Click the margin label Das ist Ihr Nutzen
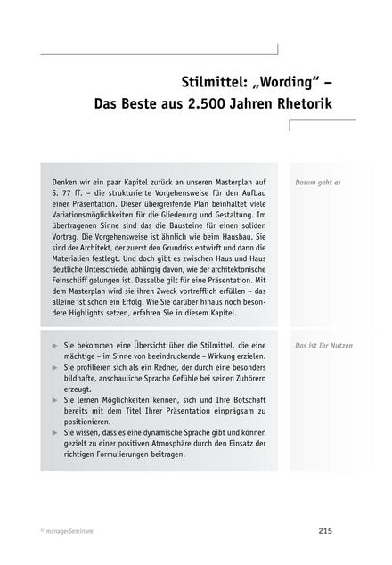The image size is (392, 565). click(x=324, y=343)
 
